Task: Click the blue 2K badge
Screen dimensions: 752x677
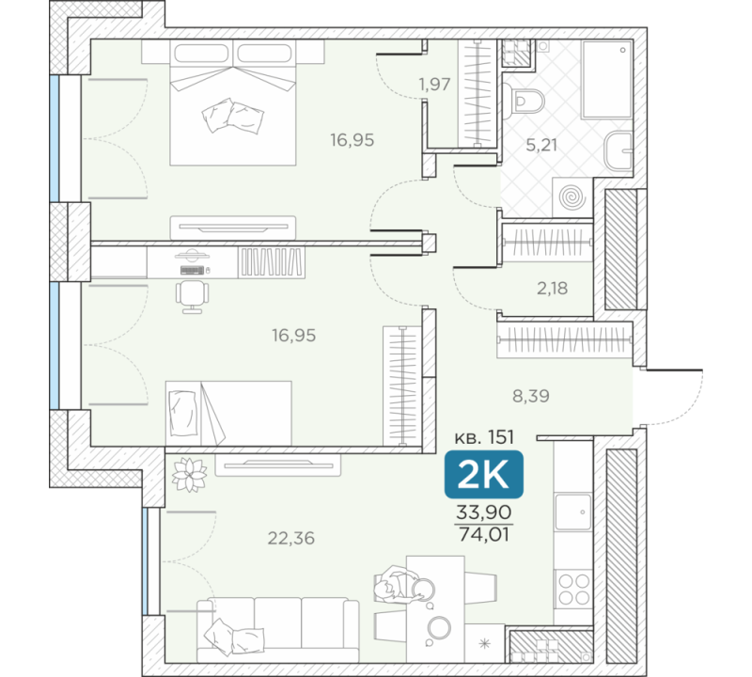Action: (483, 474)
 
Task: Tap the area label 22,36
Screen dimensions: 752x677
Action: (291, 539)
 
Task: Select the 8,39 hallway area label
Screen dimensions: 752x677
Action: (531, 396)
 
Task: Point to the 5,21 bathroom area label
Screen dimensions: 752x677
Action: (541, 145)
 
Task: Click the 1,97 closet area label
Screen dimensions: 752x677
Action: (434, 84)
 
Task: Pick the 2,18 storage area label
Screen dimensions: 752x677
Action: (552, 288)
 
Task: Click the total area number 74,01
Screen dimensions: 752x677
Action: (484, 534)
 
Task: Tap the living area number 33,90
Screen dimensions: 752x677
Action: (484, 512)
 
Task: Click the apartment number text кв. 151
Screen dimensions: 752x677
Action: (484, 437)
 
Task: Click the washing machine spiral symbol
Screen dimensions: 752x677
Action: (572, 197)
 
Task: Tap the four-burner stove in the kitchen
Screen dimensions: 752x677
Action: (574, 590)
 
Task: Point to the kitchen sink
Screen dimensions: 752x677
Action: (573, 512)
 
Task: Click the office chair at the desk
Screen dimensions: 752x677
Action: (192, 297)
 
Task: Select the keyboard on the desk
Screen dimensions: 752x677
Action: (193, 270)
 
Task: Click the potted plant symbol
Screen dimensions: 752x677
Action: (190, 475)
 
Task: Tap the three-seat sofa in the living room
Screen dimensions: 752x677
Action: (277, 630)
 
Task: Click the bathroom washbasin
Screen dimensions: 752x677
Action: (619, 151)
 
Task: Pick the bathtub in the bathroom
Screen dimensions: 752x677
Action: (606, 79)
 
